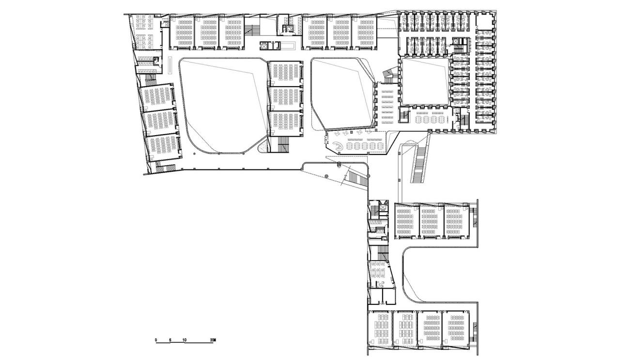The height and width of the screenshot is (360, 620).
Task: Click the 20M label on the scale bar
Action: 212,340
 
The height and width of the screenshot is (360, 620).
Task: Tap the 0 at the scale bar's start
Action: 156,340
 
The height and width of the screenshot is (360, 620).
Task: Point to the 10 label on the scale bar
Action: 185,340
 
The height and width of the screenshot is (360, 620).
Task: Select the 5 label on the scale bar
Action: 170,340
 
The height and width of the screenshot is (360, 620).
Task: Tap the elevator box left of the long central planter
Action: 264,46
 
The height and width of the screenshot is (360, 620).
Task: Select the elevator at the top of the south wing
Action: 383,207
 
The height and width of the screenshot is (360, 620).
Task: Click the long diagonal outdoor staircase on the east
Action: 418,165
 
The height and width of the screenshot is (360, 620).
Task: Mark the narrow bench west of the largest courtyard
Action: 170,65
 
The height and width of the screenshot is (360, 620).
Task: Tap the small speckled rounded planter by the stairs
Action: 263,147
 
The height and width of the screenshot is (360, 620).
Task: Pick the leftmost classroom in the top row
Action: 182,32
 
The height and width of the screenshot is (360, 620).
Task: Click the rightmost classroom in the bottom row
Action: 455,329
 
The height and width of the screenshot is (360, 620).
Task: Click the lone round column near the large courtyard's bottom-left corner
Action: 195,154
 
